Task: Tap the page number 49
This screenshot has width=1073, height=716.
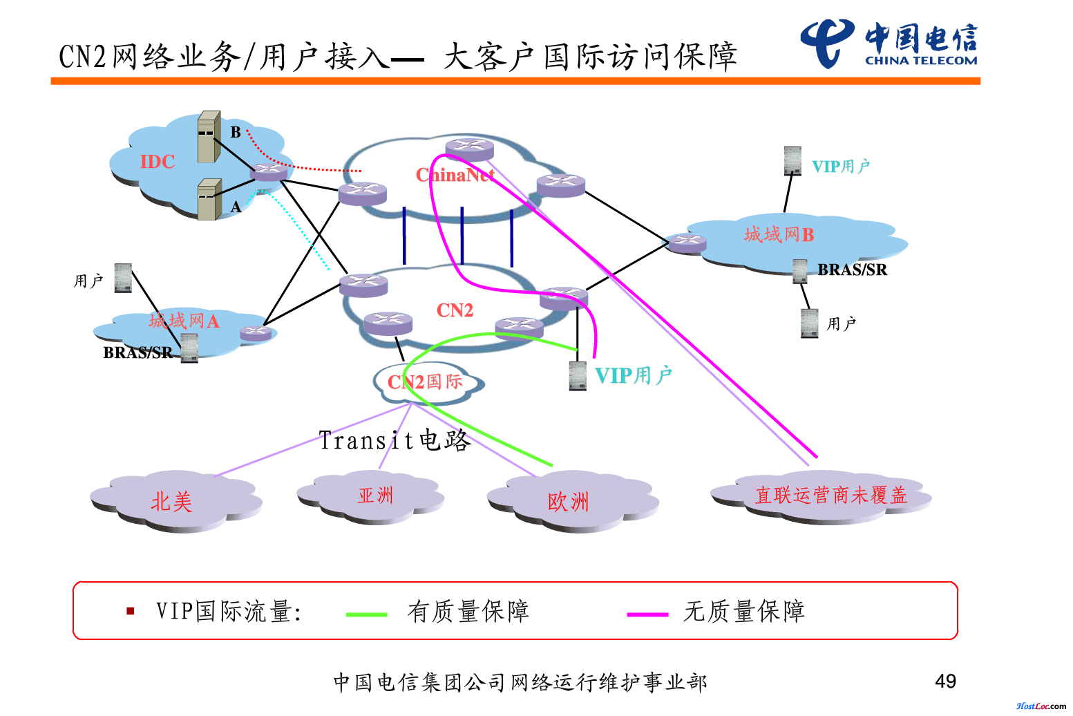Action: click(945, 681)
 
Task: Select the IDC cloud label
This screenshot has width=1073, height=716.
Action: click(157, 162)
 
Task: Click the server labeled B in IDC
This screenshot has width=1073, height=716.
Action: click(208, 136)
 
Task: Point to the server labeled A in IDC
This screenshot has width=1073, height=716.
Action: click(209, 200)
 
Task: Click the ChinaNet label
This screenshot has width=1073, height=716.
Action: click(455, 176)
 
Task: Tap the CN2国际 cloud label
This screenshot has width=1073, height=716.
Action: click(425, 381)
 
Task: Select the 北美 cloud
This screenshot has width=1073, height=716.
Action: click(172, 501)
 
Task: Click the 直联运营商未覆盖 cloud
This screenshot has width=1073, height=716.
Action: click(830, 496)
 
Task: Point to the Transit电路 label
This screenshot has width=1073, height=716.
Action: click(395, 440)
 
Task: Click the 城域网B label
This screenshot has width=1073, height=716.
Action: click(779, 235)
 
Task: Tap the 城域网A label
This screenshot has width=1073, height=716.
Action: click(184, 321)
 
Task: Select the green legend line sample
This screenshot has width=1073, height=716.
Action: click(366, 614)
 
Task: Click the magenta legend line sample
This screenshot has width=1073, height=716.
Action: click(647, 614)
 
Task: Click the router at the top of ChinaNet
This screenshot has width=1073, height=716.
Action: click(470, 149)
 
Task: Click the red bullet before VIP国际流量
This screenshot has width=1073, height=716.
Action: click(130, 611)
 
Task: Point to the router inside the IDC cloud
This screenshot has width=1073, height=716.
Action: click(269, 171)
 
